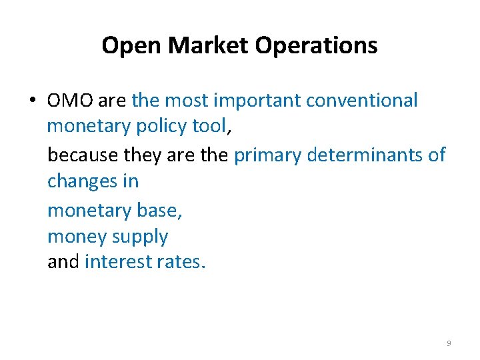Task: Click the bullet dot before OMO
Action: coord(33,101)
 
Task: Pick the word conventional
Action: coord(363,101)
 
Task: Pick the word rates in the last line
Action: coord(179,262)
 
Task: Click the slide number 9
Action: coord(448,343)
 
